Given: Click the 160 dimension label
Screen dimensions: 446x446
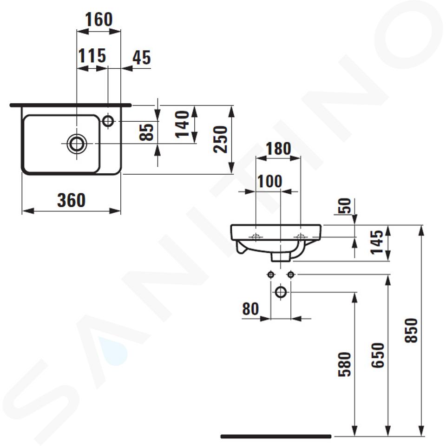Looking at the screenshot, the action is pyautogui.click(x=98, y=20).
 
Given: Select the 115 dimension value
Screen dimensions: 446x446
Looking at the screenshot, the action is pyautogui.click(x=92, y=56).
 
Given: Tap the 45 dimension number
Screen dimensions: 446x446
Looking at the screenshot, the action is pyautogui.click(x=141, y=58).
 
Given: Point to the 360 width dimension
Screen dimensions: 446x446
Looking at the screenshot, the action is pyautogui.click(x=72, y=200).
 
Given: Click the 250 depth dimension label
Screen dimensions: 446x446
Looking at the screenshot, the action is pyautogui.click(x=220, y=139).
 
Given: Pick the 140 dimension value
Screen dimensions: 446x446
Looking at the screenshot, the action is pyautogui.click(x=182, y=125).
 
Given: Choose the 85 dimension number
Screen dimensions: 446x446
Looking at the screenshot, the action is pyautogui.click(x=146, y=132).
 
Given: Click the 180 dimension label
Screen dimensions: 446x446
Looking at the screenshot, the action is pyautogui.click(x=278, y=149).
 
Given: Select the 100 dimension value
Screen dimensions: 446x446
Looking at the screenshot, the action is pyautogui.click(x=269, y=181).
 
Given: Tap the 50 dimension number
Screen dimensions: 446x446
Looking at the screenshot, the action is pyautogui.click(x=344, y=206).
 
